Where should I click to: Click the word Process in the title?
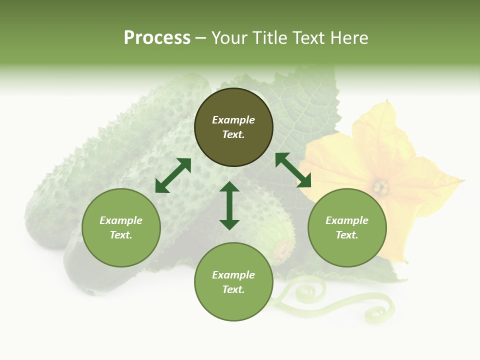[157, 38]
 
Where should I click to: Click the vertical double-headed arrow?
[229, 205]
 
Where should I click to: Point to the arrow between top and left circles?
[173, 175]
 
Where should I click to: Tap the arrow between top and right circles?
[293, 170]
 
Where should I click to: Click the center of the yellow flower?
[380, 187]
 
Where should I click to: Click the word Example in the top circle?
[233, 120]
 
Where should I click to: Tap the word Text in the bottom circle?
[233, 289]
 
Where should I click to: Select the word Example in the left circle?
[121, 220]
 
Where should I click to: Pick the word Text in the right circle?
[347, 235]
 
